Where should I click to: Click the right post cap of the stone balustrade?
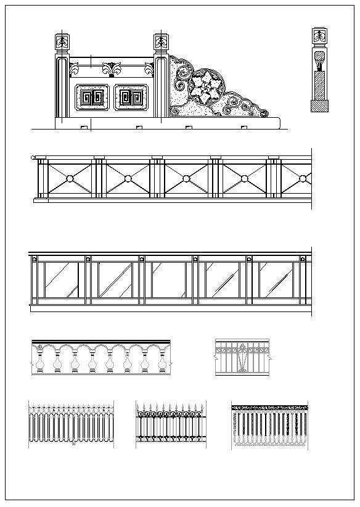(x=161, y=43)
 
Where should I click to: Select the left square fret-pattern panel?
(x=92, y=97)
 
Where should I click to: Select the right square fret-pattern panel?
(x=131, y=97)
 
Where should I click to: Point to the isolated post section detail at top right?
(x=319, y=69)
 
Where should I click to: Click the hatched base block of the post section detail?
(x=319, y=106)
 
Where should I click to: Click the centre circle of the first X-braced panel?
(x=69, y=179)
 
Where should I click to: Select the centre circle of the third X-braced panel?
(x=186, y=179)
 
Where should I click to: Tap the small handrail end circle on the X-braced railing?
(x=33, y=158)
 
